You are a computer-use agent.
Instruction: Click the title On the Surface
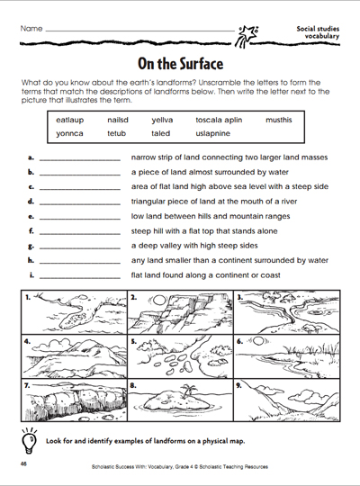point(179,64)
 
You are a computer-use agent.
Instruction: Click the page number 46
point(20,463)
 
